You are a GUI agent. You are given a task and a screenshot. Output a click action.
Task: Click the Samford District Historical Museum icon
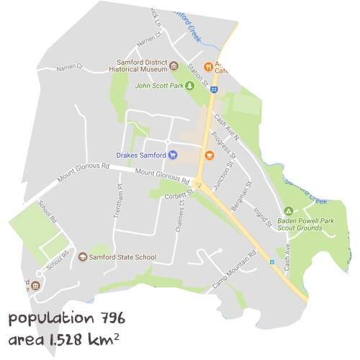[x=174, y=66]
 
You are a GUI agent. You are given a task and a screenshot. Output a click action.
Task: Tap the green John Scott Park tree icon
[x=190, y=85]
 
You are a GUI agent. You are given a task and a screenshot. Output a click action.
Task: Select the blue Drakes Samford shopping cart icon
[x=173, y=154]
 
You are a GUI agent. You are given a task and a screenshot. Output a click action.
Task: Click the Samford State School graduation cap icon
[x=83, y=257]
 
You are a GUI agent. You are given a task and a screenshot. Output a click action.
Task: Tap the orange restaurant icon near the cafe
[x=208, y=66]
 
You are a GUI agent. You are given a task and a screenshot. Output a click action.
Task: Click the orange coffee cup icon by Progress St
[x=210, y=155]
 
